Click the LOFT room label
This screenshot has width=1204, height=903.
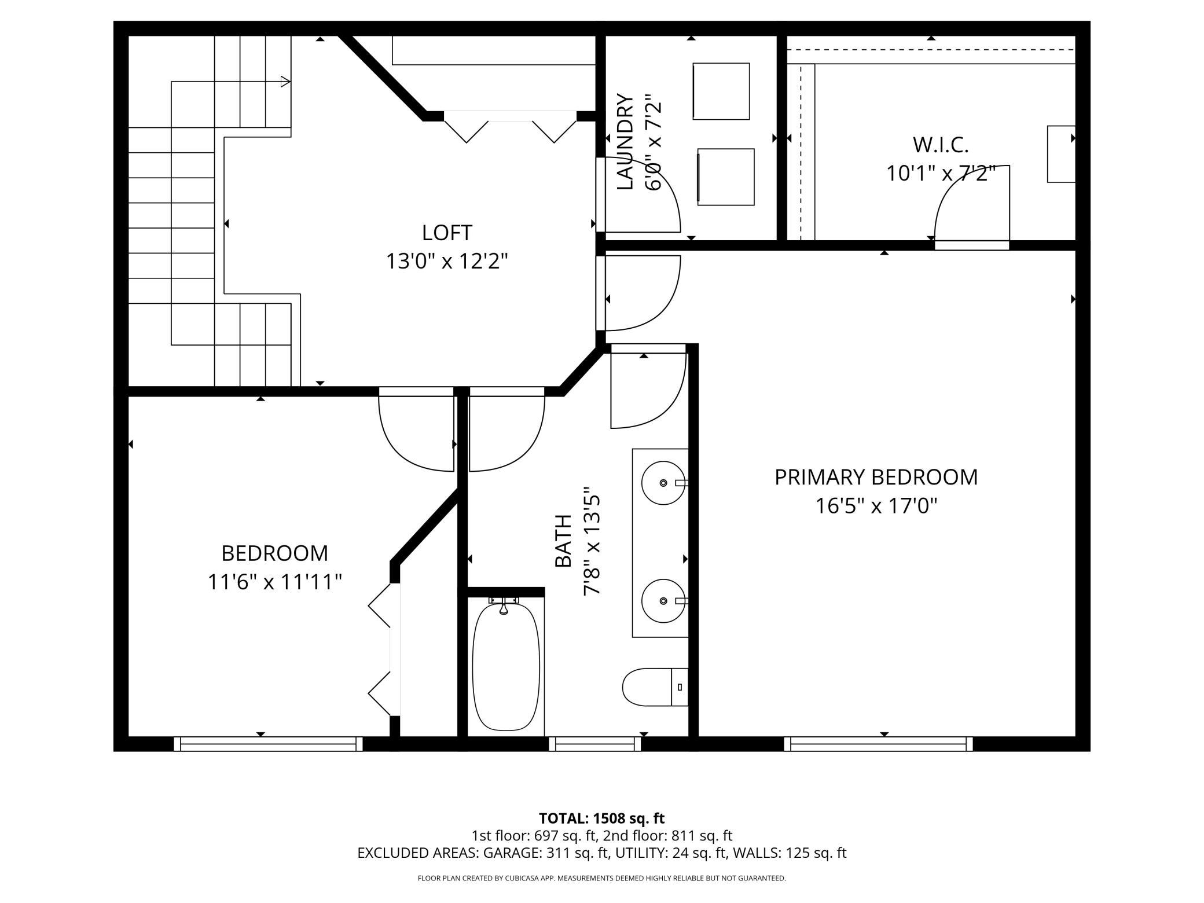(x=447, y=233)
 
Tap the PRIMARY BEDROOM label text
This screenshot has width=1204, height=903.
(x=876, y=478)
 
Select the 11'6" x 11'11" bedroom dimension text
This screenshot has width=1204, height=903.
(x=275, y=582)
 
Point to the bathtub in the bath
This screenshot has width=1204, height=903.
(x=506, y=667)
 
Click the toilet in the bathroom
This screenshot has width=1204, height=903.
(x=655, y=687)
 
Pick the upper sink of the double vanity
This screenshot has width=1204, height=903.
(x=664, y=483)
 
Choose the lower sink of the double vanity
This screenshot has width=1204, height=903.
(x=664, y=601)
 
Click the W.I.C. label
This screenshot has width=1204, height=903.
(x=941, y=145)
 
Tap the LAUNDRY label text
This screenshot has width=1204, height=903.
(x=625, y=141)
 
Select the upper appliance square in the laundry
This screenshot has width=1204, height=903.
(x=721, y=91)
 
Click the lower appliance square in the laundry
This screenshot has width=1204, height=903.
(x=726, y=177)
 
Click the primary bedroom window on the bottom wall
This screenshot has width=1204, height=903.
(x=879, y=744)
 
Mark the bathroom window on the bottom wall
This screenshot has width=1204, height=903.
(x=595, y=744)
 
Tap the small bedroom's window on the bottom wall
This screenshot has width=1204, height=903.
(x=268, y=744)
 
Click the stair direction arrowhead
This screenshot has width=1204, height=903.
(x=285, y=82)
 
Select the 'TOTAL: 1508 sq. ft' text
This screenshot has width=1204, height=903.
(x=601, y=818)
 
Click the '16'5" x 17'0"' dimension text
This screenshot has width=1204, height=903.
(x=876, y=506)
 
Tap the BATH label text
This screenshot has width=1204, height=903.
(x=563, y=541)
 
